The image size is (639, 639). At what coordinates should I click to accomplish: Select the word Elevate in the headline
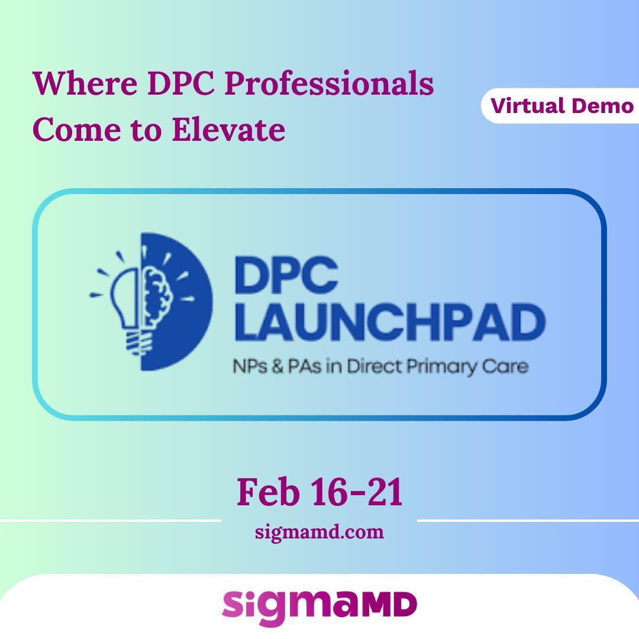[x=228, y=130]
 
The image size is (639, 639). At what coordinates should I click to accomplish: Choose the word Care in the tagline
[x=508, y=366]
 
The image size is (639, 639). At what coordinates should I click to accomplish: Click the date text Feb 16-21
[x=319, y=492]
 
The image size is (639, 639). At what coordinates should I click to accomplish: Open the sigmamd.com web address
[x=319, y=532]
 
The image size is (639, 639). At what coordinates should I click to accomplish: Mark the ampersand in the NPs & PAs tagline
[x=273, y=366]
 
